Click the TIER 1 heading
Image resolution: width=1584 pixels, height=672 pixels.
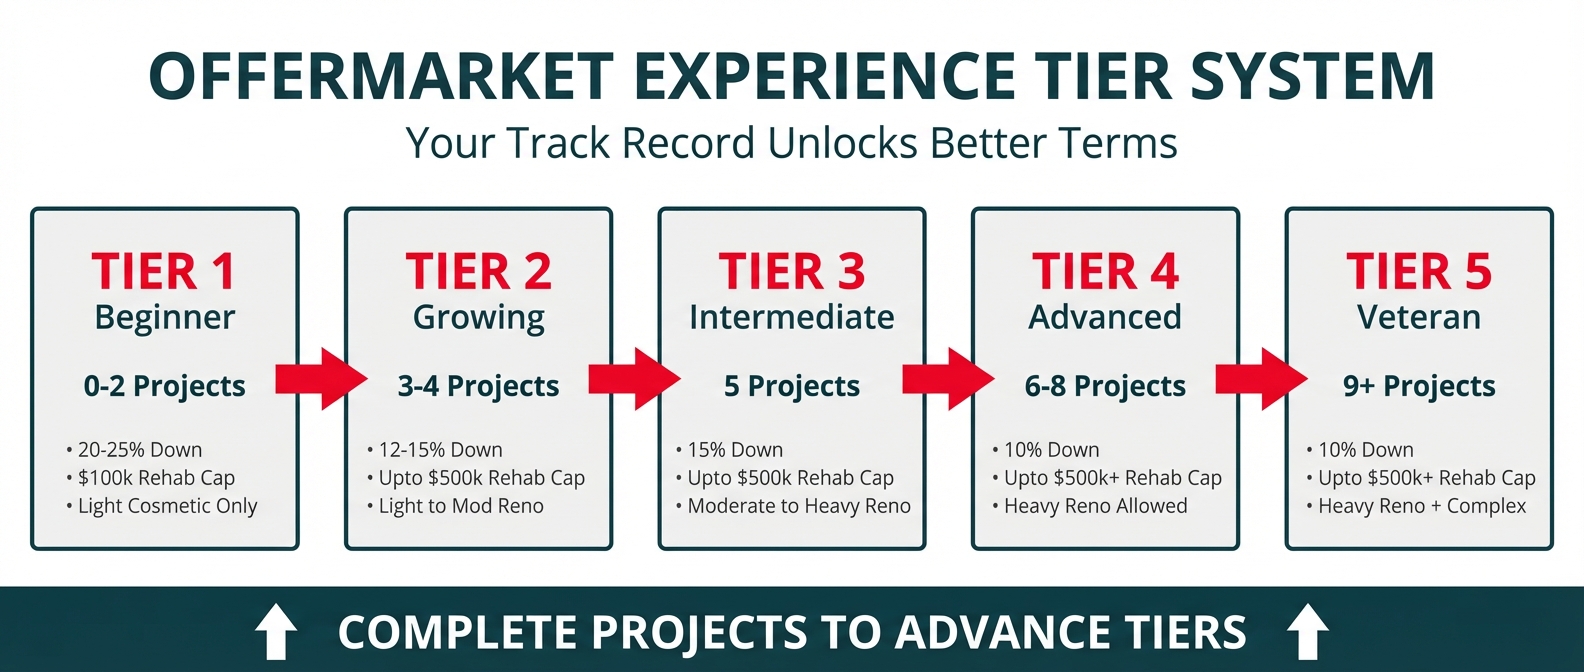[164, 272]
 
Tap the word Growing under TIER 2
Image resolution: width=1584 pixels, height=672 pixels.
[479, 318]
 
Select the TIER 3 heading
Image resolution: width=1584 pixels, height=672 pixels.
[792, 272]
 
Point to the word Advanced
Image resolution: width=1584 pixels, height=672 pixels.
[1105, 317]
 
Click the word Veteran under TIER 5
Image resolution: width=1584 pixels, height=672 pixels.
[1419, 317]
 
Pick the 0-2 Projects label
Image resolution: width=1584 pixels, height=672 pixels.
[165, 386]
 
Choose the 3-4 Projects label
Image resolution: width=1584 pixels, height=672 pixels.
[479, 386]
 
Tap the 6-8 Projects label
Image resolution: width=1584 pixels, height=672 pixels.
[1105, 386]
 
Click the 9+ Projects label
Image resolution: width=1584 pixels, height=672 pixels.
[1419, 386]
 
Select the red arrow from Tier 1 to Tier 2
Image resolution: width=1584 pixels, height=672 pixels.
[322, 379]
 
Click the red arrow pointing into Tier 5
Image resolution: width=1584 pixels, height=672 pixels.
[1262, 379]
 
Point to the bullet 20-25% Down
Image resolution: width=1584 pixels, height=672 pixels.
[134, 450]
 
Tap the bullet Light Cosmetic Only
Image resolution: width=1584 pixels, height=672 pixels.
[162, 506]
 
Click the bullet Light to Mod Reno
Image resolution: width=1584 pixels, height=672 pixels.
[456, 506]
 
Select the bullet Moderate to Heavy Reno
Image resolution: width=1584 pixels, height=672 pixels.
[793, 506]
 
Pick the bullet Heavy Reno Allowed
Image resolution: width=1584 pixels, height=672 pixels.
[1090, 506]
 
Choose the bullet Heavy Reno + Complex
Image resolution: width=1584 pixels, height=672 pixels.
[1416, 506]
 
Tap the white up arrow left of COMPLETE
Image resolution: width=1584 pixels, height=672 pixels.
[275, 631]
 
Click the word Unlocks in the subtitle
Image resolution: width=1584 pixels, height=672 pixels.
[843, 143]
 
